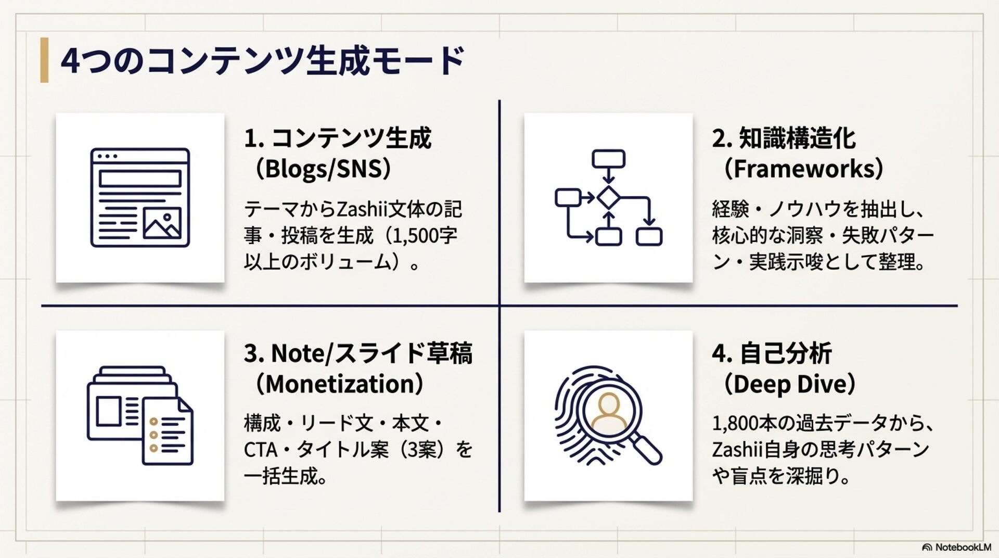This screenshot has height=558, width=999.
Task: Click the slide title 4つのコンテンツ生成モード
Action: point(263,60)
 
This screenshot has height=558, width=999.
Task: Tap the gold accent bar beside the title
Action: point(44,60)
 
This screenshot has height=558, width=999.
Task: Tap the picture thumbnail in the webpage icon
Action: point(162,223)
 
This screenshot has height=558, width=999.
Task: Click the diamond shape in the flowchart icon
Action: point(608,198)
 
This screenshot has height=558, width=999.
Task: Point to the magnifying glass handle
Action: point(646,448)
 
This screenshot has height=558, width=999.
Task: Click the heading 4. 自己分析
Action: point(772,353)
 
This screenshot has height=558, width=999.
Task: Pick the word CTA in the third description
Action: point(261,450)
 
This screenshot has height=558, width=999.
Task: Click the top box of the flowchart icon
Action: point(608,158)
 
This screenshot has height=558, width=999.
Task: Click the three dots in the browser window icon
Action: point(107,156)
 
